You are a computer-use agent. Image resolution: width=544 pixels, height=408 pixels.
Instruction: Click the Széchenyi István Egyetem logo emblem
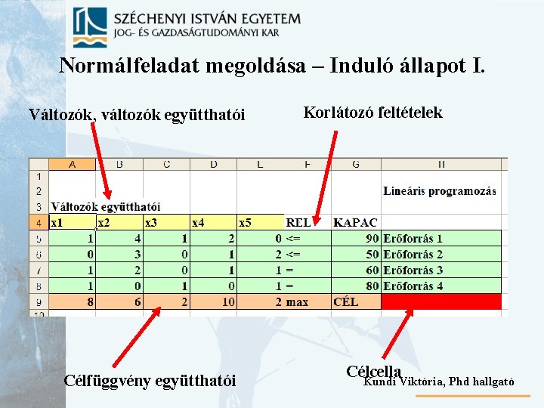pyautogui.click(x=90, y=28)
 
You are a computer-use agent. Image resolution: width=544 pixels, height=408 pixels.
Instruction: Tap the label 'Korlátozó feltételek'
pyautogui.click(x=372, y=113)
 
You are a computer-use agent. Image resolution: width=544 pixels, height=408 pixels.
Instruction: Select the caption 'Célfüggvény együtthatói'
pyautogui.click(x=150, y=380)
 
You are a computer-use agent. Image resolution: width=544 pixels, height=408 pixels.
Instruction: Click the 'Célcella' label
pyautogui.click(x=373, y=371)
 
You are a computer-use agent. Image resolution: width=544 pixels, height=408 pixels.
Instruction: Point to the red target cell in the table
pyautogui.click(x=440, y=301)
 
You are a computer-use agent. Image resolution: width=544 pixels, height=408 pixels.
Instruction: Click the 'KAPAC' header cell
pyautogui.click(x=355, y=223)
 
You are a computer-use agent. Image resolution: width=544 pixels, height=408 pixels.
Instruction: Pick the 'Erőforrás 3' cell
pyautogui.click(x=413, y=270)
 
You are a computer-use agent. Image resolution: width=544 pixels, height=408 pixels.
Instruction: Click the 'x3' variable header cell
pyautogui.click(x=166, y=223)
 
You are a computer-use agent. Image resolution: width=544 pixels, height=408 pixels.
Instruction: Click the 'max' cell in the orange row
pyautogui.click(x=298, y=301)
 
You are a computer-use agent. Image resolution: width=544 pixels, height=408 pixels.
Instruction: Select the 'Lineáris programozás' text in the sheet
pyautogui.click(x=439, y=191)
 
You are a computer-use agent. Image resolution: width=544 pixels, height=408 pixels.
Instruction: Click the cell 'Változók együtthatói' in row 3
pyautogui.click(x=105, y=206)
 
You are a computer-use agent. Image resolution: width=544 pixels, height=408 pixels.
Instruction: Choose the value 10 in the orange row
pyautogui.click(x=227, y=301)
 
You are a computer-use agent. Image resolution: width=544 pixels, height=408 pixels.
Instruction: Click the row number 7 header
pyautogui.click(x=38, y=270)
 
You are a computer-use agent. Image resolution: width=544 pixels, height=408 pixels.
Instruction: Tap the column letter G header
pyautogui.click(x=355, y=164)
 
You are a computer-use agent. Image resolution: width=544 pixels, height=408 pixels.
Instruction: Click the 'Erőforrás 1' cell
pyautogui.click(x=413, y=239)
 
